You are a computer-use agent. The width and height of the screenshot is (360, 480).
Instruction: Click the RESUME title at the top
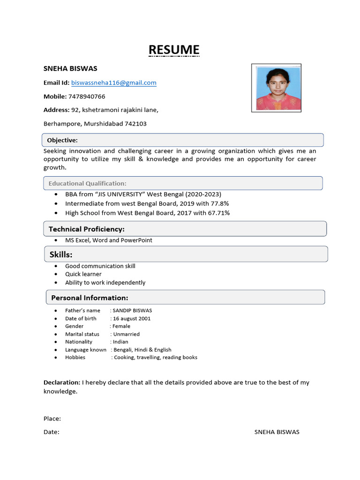coord(174,50)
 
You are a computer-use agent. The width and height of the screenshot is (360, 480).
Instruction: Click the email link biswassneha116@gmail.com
coord(113,83)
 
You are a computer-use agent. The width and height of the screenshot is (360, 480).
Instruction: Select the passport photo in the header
coord(276,88)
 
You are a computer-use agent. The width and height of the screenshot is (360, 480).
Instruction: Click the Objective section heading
coord(62,140)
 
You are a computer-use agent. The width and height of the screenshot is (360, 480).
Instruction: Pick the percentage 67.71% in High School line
coord(217,213)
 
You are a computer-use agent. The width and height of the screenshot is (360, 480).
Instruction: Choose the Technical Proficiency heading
coord(87,229)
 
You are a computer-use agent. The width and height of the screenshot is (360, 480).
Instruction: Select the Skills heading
coord(61,255)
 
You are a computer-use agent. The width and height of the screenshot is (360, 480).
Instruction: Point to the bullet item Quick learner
coord(83,274)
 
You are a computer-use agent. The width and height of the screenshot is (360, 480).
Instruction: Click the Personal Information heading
coord(90,298)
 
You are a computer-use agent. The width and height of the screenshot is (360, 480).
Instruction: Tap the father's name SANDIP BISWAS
coord(132,310)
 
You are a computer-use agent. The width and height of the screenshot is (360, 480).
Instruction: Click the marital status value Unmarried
coord(126,334)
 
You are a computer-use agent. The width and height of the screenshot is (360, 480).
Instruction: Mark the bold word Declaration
coord(62,382)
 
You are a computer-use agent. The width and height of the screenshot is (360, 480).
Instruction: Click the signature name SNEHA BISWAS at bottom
coord(277,432)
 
